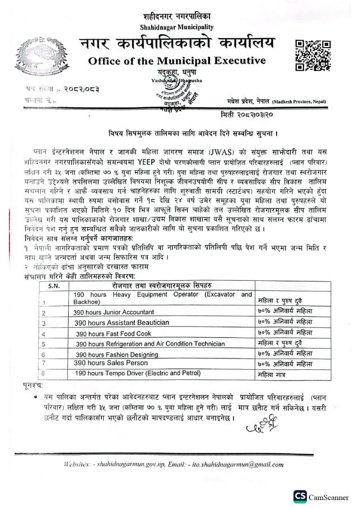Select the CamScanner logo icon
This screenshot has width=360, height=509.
pos(300,496)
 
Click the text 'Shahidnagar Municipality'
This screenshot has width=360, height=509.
pos(177,26)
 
